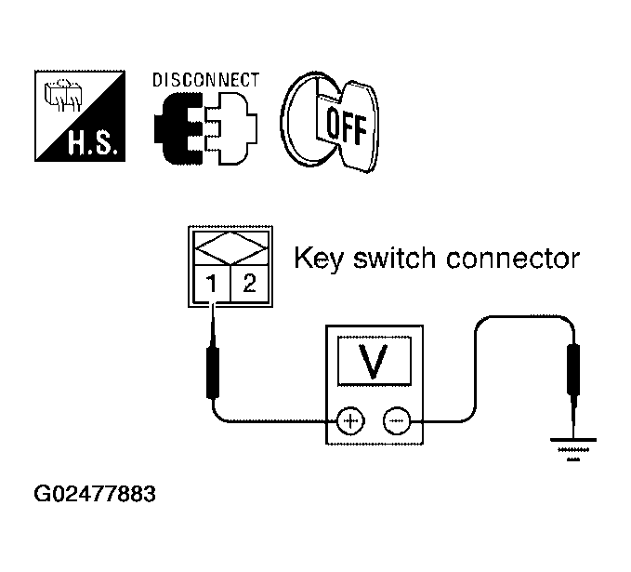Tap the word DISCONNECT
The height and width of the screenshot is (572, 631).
(x=205, y=80)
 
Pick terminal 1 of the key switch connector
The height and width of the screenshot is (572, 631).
(x=212, y=285)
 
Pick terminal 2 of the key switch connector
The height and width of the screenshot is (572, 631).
(x=249, y=285)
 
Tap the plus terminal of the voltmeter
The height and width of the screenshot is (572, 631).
(x=350, y=422)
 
